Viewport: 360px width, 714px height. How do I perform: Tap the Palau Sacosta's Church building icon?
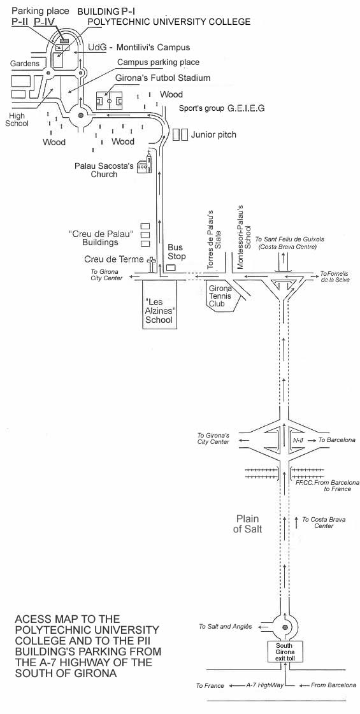click(144, 162)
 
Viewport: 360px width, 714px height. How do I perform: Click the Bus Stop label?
click(175, 252)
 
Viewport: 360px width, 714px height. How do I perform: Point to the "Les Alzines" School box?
click(159, 304)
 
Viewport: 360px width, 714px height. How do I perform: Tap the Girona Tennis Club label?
click(220, 296)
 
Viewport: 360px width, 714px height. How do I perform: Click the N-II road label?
click(298, 440)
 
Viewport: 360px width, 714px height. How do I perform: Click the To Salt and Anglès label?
click(225, 627)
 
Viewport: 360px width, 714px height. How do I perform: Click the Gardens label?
click(25, 64)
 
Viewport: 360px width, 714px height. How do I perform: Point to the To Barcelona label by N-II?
click(337, 440)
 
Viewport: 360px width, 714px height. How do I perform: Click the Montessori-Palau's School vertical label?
click(244, 238)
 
